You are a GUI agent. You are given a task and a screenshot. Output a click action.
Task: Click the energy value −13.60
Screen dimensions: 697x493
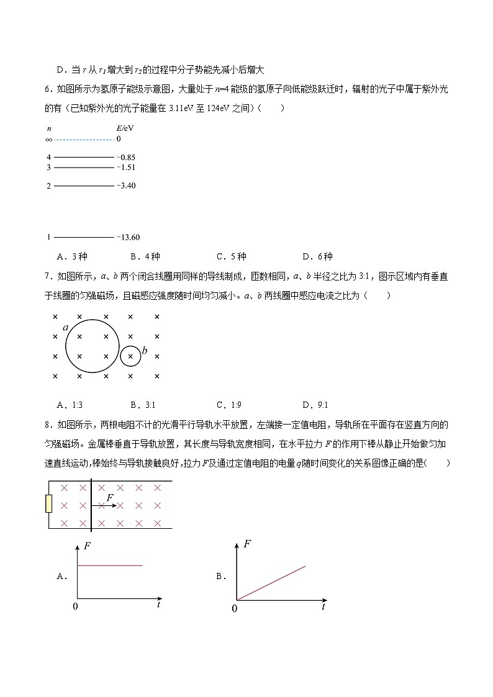coord(128,237)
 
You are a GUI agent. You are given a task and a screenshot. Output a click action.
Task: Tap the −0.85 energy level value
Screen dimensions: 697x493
coord(126,158)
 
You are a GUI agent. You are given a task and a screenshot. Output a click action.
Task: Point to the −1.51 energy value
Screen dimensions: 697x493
coord(126,168)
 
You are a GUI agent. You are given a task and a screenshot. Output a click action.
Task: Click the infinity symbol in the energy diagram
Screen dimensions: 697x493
coord(48,140)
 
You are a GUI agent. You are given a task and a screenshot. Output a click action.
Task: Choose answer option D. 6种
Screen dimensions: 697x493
coord(317,256)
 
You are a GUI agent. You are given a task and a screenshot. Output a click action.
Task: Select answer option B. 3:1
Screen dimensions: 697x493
coord(142,405)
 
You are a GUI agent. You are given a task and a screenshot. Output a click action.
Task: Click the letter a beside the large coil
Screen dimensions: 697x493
coord(65,328)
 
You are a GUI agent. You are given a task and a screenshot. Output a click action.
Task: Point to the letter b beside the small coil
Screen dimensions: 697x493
coord(145,351)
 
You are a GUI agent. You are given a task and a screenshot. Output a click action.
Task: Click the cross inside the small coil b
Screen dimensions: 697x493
coord(130,356)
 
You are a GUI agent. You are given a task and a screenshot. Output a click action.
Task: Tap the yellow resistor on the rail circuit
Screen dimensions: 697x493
coord(49,504)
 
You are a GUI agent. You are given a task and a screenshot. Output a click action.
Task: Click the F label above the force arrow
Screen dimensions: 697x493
coord(110,498)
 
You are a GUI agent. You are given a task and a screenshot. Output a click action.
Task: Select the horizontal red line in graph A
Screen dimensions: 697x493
coord(110,565)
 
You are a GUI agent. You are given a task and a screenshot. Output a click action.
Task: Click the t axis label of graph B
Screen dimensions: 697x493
coord(323,606)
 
